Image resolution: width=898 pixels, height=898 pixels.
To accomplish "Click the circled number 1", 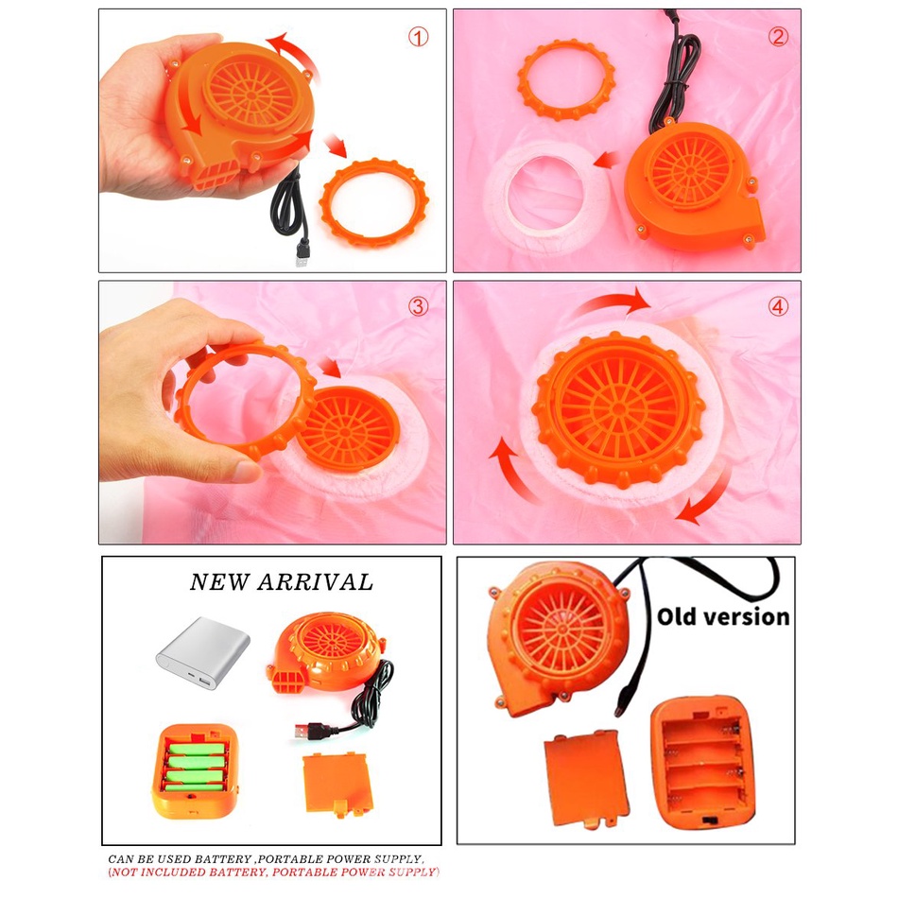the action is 418,37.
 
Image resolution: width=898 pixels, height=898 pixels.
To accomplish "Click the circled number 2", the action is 778,37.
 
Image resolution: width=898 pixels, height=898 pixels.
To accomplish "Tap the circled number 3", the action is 418,306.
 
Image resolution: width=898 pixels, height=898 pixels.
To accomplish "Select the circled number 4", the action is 778,307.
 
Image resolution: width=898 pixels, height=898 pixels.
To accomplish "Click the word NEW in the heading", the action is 218,582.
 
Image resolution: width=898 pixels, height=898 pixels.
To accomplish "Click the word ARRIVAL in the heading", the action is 316,582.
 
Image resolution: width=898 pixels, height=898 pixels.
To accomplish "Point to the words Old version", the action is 723,617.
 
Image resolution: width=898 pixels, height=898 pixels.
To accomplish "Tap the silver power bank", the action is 203,653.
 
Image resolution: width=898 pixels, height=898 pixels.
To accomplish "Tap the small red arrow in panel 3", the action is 329,367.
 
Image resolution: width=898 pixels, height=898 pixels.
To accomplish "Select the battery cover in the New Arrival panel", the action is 337,784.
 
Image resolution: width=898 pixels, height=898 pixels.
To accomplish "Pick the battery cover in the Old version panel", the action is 585,778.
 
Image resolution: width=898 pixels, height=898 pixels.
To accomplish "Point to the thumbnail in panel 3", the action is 248,472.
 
